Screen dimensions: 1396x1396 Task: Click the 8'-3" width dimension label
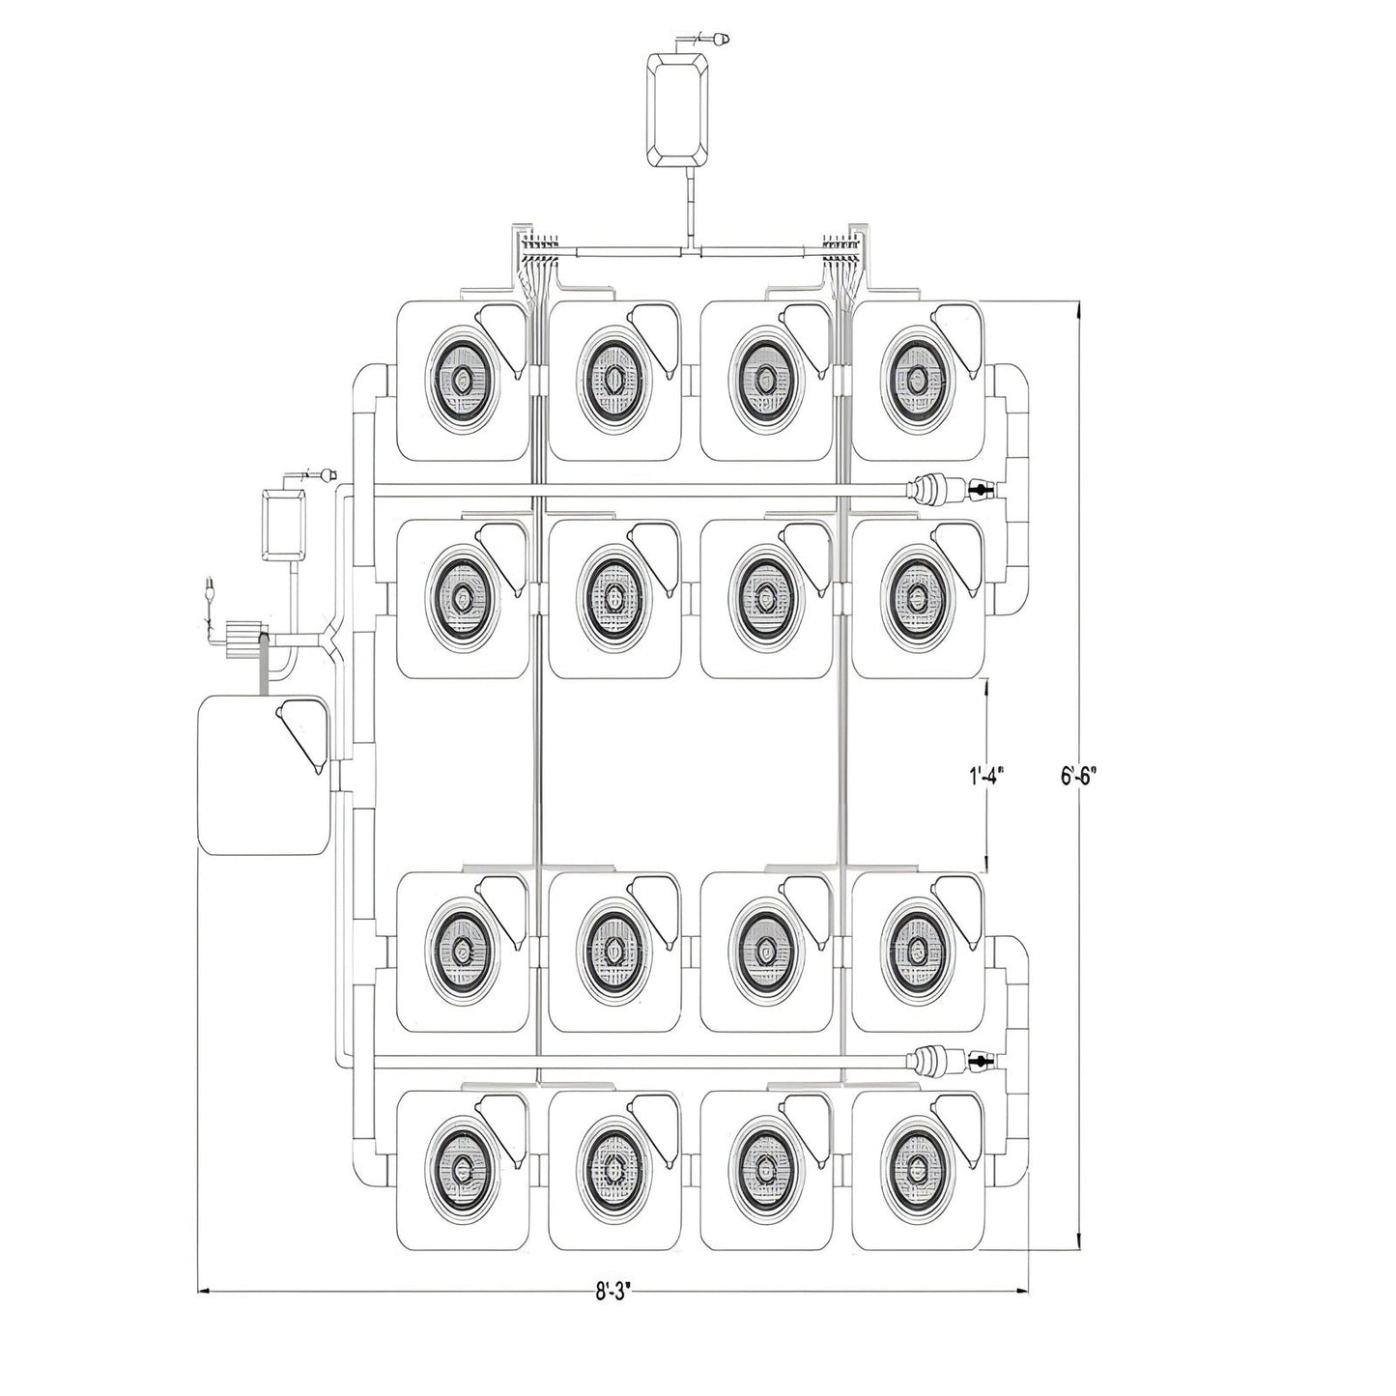tap(613, 1290)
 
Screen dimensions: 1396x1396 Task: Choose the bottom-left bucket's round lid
tap(463, 1162)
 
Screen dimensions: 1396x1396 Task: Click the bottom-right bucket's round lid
tap(914, 1162)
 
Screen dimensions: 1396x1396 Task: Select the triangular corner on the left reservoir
tap(302, 726)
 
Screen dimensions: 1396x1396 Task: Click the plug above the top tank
tap(720, 40)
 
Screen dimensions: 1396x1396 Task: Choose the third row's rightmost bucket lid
tap(914, 942)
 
